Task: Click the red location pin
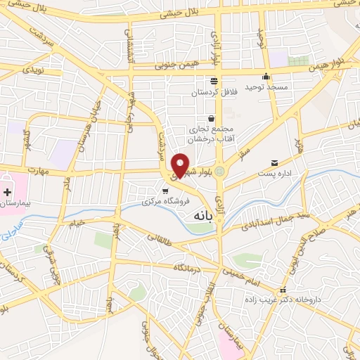click(x=180, y=165)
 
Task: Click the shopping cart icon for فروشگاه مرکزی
click(x=165, y=191)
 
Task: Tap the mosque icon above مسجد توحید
click(x=266, y=77)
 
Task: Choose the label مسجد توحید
click(x=263, y=87)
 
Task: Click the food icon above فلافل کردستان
click(x=213, y=81)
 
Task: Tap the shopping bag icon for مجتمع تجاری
click(x=210, y=119)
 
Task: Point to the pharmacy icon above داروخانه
click(x=283, y=290)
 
